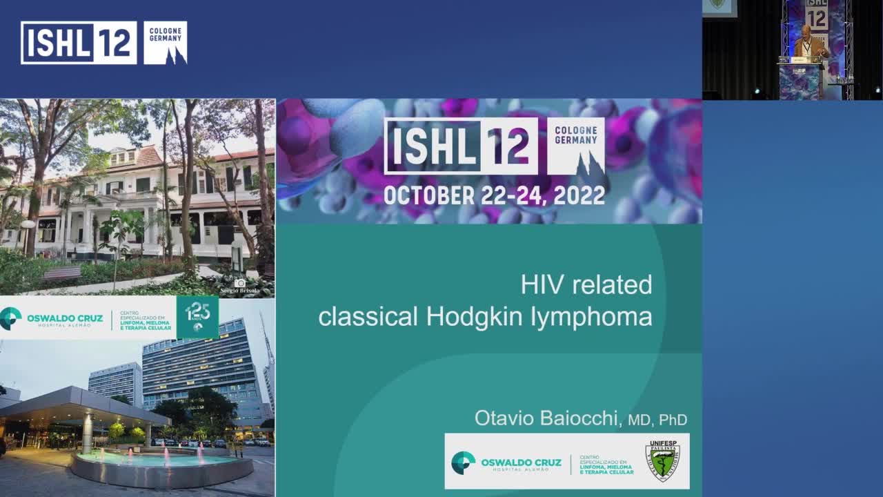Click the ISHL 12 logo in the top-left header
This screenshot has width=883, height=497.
click(x=79, y=43)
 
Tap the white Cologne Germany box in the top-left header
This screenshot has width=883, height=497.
click(x=165, y=43)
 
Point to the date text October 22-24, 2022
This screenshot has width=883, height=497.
click(x=494, y=195)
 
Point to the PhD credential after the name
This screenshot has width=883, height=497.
click(x=673, y=420)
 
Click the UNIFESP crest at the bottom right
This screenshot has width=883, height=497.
click(x=662, y=461)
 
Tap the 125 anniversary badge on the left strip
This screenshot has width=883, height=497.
click(x=197, y=316)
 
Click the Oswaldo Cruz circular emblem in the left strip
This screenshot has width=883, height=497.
click(x=10, y=318)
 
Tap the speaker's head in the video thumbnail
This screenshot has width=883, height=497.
click(x=806, y=31)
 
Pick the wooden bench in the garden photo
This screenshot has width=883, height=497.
click(x=62, y=273)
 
